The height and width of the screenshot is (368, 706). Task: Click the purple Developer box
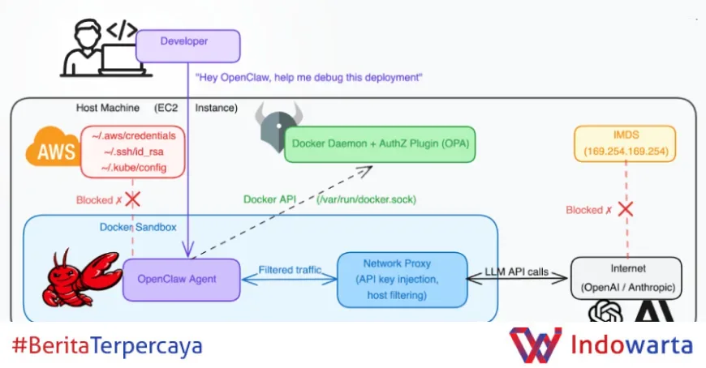click(187, 46)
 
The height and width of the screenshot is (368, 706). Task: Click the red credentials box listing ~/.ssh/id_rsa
click(133, 151)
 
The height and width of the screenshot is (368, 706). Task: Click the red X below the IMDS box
click(625, 209)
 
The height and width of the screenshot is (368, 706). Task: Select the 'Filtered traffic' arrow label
click(290, 269)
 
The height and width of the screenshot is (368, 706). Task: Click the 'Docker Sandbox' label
click(138, 227)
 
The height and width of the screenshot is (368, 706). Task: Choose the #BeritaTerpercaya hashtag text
click(107, 346)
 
